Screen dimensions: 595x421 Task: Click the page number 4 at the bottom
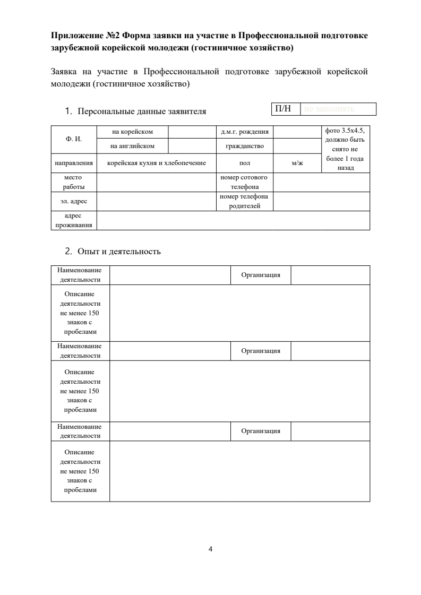(x=211, y=549)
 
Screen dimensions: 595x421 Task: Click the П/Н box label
(x=283, y=109)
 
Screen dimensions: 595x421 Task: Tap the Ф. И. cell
(x=73, y=139)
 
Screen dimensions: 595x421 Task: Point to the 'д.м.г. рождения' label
(x=244, y=132)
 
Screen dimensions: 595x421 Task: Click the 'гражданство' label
(x=244, y=145)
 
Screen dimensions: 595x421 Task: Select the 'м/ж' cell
(x=297, y=163)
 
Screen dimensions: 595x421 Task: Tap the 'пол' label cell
(x=244, y=163)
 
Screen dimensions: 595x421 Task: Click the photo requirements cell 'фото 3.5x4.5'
(x=345, y=149)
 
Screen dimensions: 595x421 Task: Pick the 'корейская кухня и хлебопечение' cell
(x=156, y=163)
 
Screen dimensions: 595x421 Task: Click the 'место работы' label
(x=73, y=182)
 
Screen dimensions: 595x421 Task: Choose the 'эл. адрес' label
(x=73, y=202)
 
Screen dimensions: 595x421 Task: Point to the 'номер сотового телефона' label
(x=244, y=182)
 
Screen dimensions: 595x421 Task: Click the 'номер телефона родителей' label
(x=244, y=202)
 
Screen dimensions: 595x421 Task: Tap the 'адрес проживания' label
(x=73, y=221)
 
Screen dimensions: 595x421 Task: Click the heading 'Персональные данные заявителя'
(x=142, y=112)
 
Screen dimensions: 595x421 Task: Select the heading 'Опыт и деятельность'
(x=119, y=252)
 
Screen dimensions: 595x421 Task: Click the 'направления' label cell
(x=74, y=163)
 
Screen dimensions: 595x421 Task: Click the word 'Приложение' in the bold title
(x=76, y=36)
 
